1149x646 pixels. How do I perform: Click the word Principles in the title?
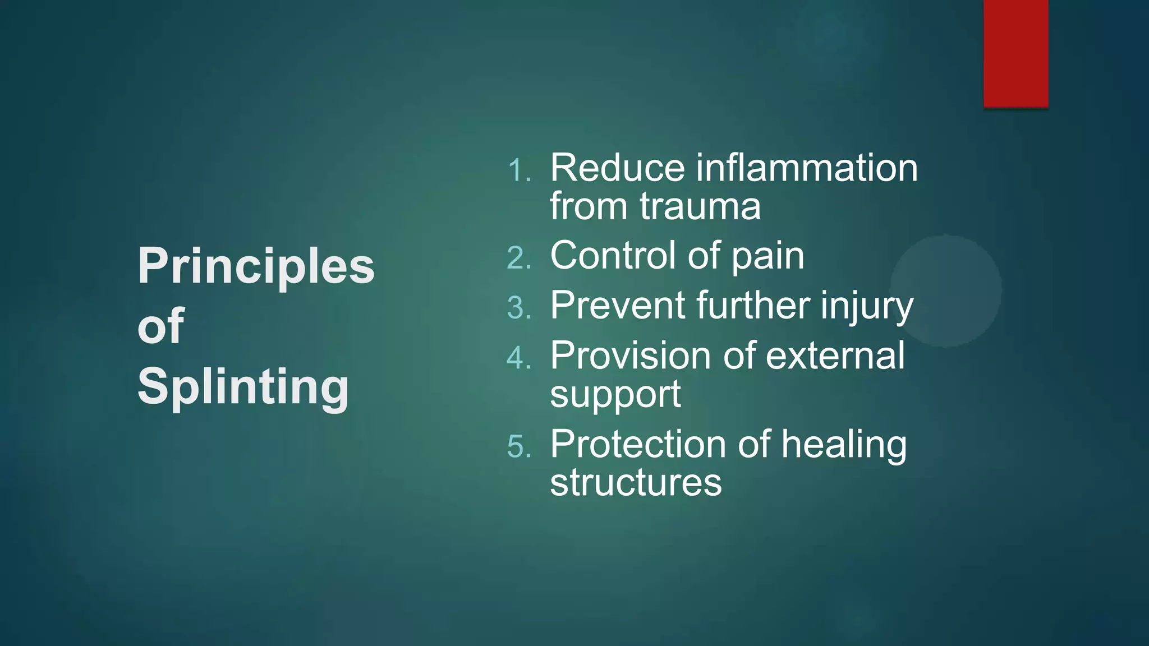(256, 267)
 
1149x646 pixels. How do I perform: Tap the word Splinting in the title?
(243, 387)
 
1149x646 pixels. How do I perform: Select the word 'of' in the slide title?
(160, 326)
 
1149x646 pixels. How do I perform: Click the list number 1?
(518, 170)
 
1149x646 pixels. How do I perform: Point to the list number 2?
(518, 259)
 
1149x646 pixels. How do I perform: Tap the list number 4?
(518, 358)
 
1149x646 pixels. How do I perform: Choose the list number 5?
(518, 447)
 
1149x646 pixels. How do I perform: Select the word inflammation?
(806, 168)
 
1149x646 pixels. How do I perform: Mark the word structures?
(636, 482)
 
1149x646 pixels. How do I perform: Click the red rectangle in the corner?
(1015, 53)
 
